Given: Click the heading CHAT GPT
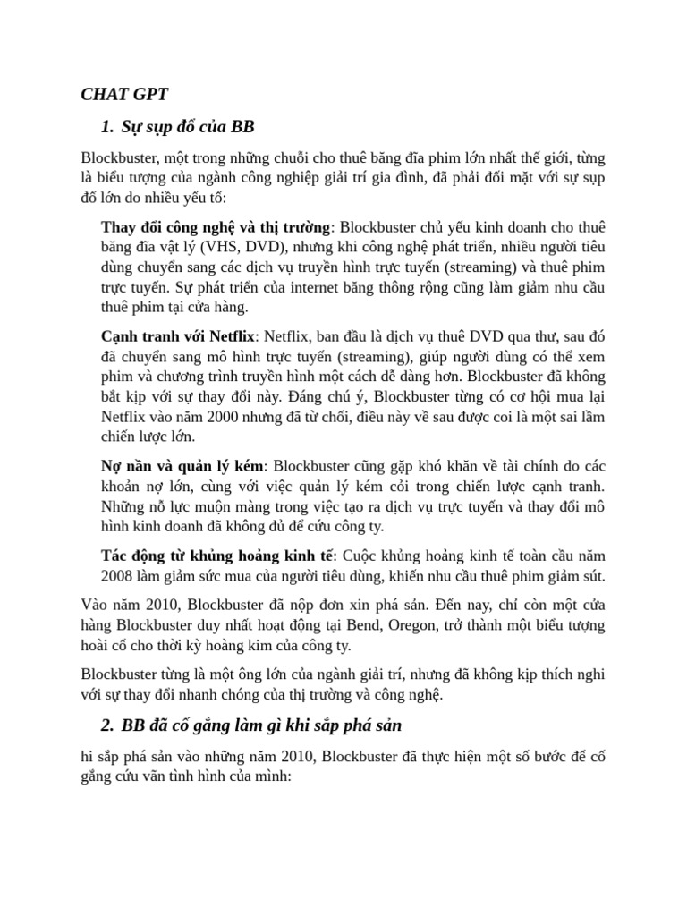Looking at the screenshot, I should coord(124,94).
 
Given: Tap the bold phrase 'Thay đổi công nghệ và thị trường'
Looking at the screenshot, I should coord(216,225).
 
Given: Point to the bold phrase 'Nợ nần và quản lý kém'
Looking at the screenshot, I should coord(182,466).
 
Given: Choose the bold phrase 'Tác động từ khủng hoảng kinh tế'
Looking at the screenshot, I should coord(216,554).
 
